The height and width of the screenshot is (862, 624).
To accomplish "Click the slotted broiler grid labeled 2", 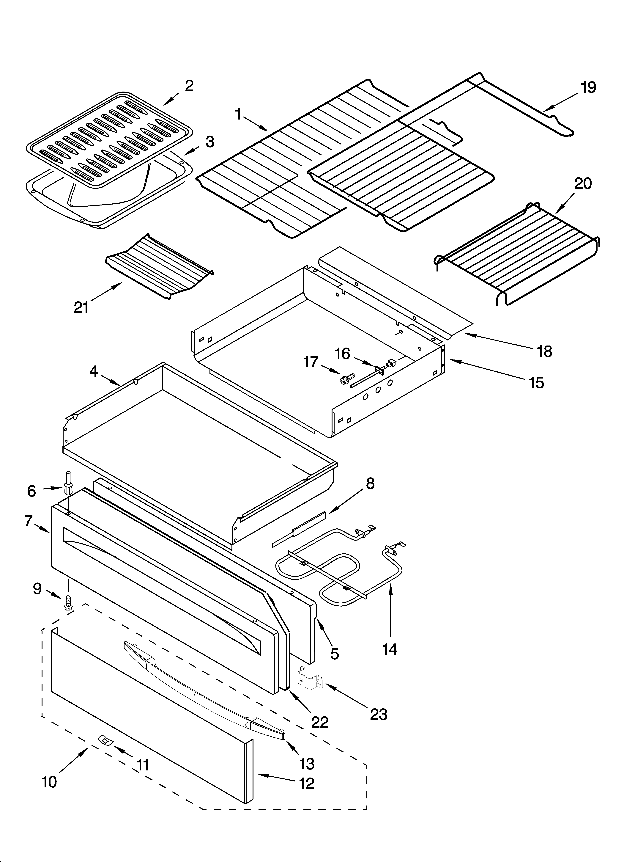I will (x=110, y=141).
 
